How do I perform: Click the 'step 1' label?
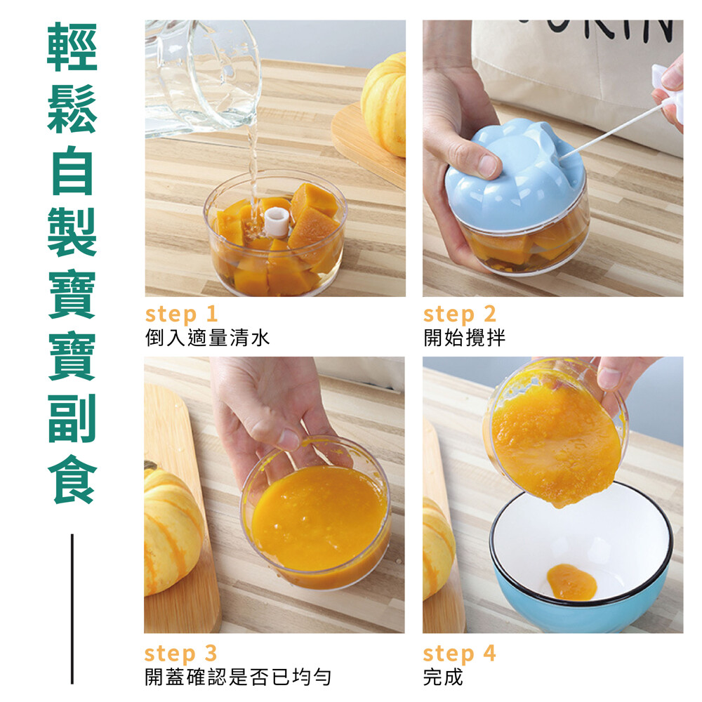point(181,314)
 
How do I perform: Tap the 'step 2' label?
point(460,314)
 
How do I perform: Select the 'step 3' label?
point(180,653)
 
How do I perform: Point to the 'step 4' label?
point(459,653)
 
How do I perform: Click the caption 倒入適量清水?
point(208,338)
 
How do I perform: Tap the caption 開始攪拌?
point(464,338)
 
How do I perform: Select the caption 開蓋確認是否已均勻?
point(238,677)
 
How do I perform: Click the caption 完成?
point(443,677)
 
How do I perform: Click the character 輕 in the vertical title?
point(72,47)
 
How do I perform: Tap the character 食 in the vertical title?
point(72,479)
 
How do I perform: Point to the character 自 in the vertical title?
point(72,171)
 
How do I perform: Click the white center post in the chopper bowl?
point(277,221)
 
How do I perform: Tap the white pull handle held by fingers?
point(670,94)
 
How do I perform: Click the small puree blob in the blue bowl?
point(571,582)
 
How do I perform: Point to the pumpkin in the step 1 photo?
point(384,105)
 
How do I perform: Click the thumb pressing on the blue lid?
point(475,157)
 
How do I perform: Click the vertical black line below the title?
point(72,609)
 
